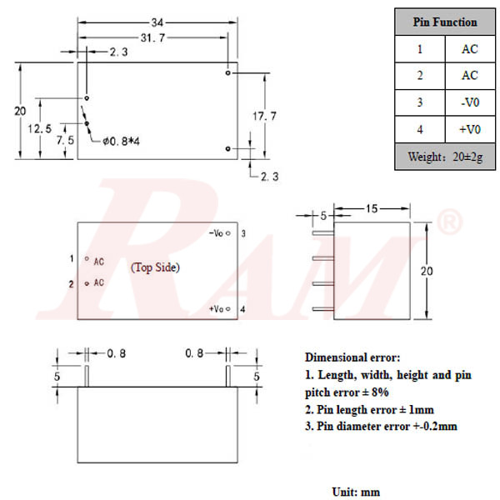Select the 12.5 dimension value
coord(40,128)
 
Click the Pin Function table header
coord(446,22)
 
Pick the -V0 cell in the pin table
coord(470,102)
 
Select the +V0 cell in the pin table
coord(470,129)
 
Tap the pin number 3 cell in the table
coord(421,102)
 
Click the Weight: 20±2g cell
coord(446,157)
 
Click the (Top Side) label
coord(156,267)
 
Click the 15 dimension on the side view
coord(372,207)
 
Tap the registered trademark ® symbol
coord(449,222)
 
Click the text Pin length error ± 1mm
coord(369,409)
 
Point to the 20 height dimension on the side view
coord(426,272)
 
